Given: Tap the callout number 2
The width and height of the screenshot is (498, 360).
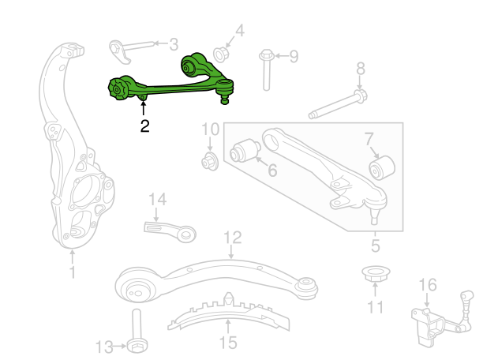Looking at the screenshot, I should (x=144, y=125).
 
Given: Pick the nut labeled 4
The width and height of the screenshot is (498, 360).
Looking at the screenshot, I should (x=222, y=54).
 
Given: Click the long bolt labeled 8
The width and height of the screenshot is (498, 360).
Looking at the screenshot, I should (x=335, y=106).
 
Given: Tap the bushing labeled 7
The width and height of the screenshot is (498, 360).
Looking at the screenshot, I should (x=383, y=167).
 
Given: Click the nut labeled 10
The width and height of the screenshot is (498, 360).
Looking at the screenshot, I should (x=209, y=163).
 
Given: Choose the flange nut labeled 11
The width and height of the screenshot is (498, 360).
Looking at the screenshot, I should (x=374, y=278).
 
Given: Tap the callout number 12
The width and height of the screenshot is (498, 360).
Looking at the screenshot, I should (x=231, y=236).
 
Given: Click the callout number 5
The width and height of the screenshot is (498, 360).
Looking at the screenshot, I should (x=375, y=246).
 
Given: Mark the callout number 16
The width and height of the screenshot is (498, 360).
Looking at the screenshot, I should (x=426, y=285).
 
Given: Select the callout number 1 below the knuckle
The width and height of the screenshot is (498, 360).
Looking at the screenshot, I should (x=72, y=273).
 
